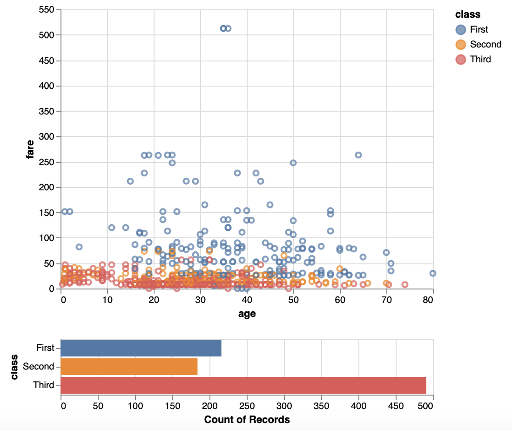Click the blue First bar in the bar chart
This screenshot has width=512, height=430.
(x=141, y=348)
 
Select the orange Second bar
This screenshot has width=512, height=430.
(x=129, y=367)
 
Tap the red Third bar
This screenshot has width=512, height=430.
(x=243, y=385)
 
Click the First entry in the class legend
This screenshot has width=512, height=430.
(x=478, y=30)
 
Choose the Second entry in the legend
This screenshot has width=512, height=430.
(x=485, y=45)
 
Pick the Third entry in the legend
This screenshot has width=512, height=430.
(x=480, y=59)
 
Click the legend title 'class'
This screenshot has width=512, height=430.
(x=468, y=14)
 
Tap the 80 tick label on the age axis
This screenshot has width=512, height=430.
(x=429, y=301)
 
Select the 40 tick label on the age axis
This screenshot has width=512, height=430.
(x=247, y=301)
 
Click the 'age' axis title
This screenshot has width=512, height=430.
(x=247, y=314)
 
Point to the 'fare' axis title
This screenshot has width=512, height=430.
(x=30, y=149)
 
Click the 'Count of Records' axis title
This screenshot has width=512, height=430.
(x=247, y=420)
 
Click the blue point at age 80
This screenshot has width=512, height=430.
(x=433, y=274)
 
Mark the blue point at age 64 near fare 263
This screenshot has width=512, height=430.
(x=358, y=155)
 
